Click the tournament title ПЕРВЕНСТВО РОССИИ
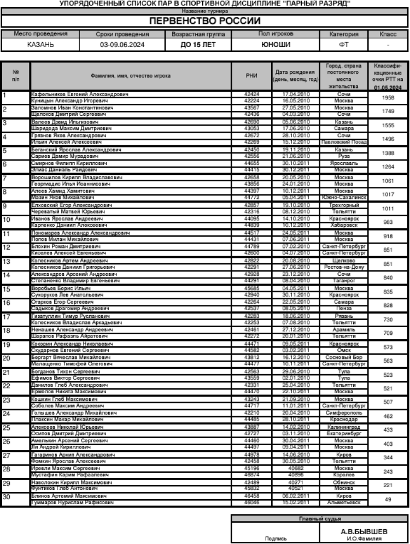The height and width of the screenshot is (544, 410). pyautogui.click(x=205, y=21)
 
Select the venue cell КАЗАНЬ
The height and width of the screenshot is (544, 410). pyautogui.click(x=40, y=44)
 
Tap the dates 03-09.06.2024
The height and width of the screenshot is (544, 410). pyautogui.click(x=123, y=44)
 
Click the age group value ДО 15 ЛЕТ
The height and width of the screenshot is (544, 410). pyautogui.click(x=198, y=44)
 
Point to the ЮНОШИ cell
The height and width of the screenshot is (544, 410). pyautogui.click(x=276, y=44)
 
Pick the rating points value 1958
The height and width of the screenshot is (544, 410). pyautogui.click(x=388, y=97)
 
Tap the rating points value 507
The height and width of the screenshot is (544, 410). pyautogui.click(x=388, y=402)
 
